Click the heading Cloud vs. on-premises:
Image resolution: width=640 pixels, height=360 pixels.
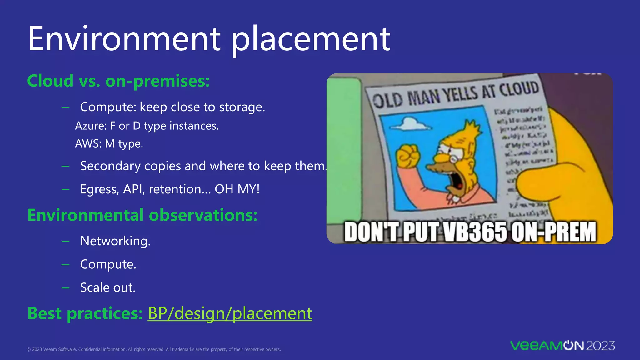tap(118, 81)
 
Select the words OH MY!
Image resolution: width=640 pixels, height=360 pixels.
tap(237, 189)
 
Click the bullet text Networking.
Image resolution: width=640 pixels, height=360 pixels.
tap(115, 241)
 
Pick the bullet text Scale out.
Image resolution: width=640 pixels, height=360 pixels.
tap(108, 287)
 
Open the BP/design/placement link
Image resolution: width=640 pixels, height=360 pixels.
tap(230, 313)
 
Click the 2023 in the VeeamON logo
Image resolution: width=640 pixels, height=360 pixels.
tap(600, 346)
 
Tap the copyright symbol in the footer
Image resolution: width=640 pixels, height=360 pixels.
tap(29, 350)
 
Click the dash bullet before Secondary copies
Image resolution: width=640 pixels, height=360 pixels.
tap(66, 166)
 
